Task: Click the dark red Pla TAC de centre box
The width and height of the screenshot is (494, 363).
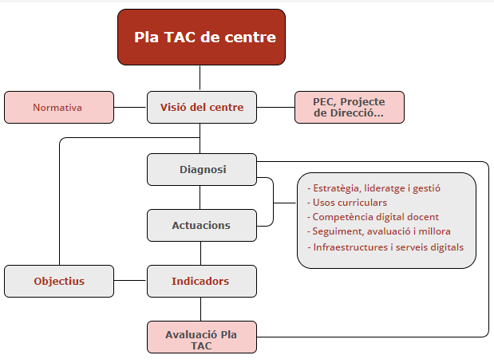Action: click(201, 37)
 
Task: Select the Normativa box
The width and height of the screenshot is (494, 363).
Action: click(59, 108)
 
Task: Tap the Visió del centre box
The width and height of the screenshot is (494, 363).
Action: click(202, 108)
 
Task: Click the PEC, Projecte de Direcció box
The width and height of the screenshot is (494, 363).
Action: click(350, 108)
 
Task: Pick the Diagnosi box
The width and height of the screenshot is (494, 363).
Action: click(202, 169)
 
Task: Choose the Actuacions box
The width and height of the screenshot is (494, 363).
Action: click(202, 226)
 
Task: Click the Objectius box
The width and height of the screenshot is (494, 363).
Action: click(59, 281)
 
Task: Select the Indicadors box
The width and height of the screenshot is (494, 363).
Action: click(202, 281)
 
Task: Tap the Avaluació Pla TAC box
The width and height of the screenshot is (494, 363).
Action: click(202, 337)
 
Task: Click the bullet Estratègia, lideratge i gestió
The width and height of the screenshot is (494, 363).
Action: click(373, 188)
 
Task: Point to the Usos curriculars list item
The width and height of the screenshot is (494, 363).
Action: click(347, 203)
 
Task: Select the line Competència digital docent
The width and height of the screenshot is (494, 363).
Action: click(373, 217)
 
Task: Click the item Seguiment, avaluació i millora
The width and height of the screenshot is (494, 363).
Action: click(379, 231)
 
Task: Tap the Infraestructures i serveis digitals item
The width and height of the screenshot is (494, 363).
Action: click(385, 247)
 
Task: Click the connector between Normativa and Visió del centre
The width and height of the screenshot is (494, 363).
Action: click(130, 108)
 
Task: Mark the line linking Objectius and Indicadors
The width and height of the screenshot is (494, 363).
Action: click(130, 280)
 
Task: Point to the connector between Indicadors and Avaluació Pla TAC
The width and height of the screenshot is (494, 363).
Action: click(200, 310)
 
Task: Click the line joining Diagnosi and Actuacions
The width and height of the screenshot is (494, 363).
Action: click(200, 198)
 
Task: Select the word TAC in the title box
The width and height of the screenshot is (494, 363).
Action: click(180, 37)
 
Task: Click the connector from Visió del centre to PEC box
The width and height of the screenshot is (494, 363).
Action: click(275, 108)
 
